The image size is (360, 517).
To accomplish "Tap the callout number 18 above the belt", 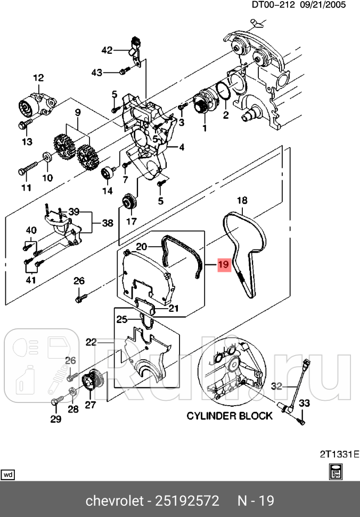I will [242, 200].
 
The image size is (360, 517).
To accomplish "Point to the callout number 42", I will [107, 51].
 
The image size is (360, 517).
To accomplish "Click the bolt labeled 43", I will [122, 71].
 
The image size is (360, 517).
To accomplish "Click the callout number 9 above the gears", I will [77, 112].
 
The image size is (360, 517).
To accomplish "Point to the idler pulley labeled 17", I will [129, 203].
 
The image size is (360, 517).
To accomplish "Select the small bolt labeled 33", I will [300, 420].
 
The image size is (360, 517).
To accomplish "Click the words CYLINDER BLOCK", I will [230, 415].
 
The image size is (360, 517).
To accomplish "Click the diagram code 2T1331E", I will [339, 454].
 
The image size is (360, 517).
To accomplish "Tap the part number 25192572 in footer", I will [187, 501].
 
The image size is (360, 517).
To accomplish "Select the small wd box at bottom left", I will [8, 474].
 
